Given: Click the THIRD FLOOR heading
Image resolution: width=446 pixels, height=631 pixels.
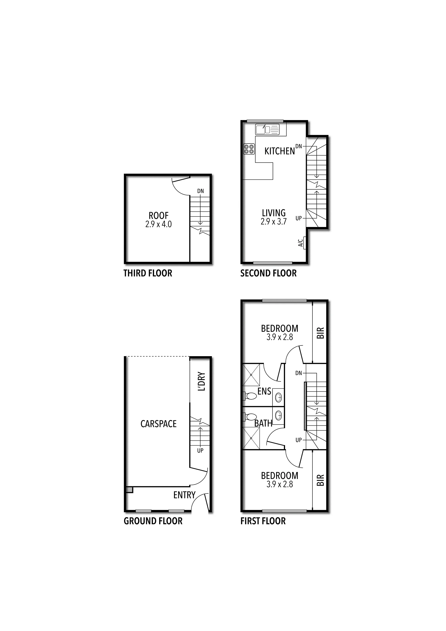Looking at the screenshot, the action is pyautogui.click(x=148, y=273).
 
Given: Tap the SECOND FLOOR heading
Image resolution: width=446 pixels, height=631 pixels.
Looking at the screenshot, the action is pyautogui.click(x=269, y=273).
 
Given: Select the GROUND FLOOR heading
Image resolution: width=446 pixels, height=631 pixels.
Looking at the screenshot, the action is pyautogui.click(x=153, y=521).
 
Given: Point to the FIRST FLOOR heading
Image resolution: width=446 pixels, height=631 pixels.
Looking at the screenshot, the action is pyautogui.click(x=263, y=521).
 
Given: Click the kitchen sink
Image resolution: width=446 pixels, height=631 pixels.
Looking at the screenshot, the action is pyautogui.click(x=267, y=129).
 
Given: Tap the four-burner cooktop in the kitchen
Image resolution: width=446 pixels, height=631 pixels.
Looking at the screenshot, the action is pyautogui.click(x=249, y=149).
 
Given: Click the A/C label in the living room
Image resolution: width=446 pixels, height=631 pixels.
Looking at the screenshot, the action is pyautogui.click(x=300, y=243).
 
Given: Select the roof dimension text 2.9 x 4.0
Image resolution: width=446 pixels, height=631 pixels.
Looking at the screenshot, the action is pyautogui.click(x=159, y=224).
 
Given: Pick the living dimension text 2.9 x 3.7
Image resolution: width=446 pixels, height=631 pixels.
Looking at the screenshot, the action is pyautogui.click(x=274, y=221).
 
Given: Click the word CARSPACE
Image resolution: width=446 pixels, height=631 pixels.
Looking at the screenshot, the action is pyautogui.click(x=159, y=424).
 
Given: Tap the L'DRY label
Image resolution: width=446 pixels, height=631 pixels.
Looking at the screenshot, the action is pyautogui.click(x=201, y=381).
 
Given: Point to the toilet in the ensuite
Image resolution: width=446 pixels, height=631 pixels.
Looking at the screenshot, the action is pyautogui.click(x=249, y=396).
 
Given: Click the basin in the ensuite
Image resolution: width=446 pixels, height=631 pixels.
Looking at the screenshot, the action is pyautogui.click(x=278, y=397).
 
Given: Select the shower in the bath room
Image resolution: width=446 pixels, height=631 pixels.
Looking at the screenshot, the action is pyautogui.click(x=251, y=442).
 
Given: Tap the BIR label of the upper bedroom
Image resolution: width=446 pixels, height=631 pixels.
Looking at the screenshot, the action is pyautogui.click(x=320, y=333).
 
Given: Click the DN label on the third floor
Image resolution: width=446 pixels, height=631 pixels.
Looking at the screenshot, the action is pyautogui.click(x=201, y=191).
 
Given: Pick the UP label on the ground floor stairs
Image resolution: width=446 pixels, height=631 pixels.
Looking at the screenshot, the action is pyautogui.click(x=200, y=450).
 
